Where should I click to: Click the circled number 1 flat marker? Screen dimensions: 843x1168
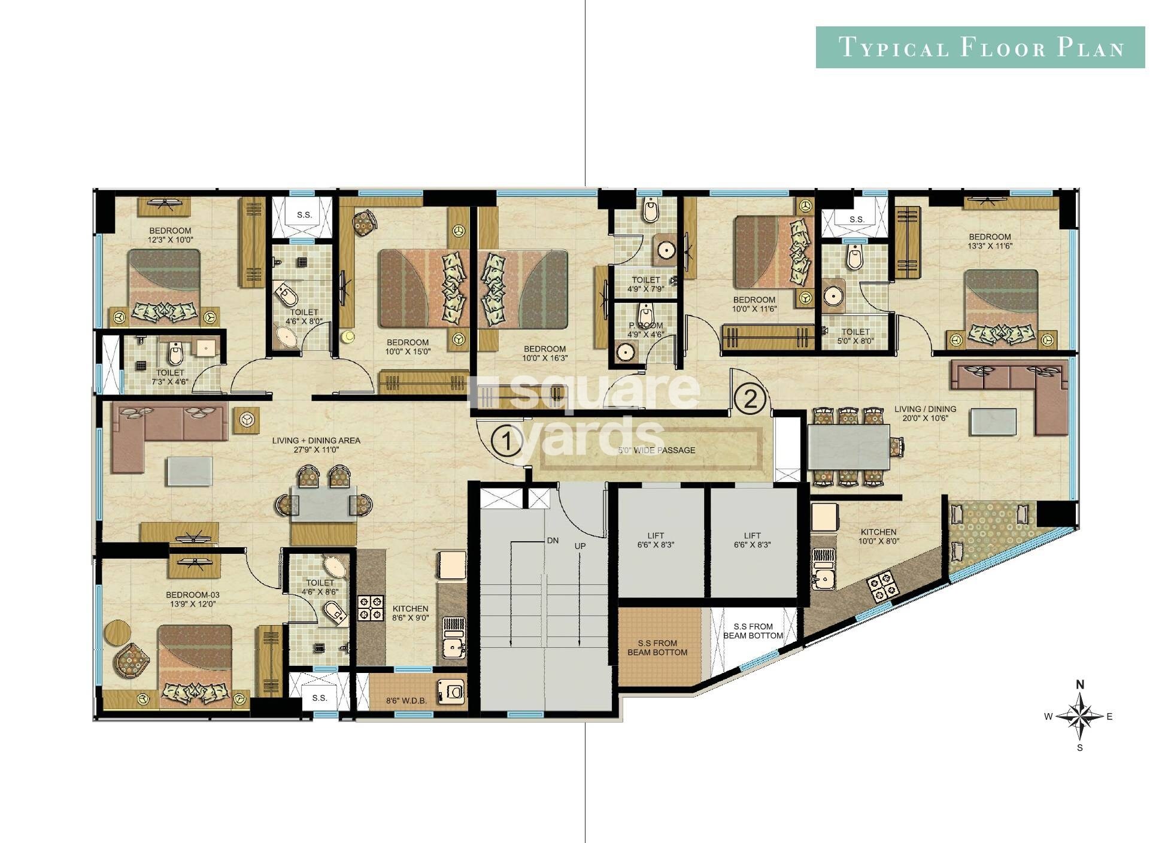[506, 442]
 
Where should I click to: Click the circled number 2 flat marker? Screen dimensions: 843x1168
[750, 399]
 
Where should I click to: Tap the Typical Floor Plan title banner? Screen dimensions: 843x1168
[980, 47]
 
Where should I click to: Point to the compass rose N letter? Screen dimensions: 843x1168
[1080, 684]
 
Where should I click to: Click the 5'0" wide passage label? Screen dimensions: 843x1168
[657, 450]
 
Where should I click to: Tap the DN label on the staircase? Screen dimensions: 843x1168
[553, 541]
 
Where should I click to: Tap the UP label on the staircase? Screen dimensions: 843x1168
[580, 546]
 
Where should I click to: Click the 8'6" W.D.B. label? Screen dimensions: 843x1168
[407, 699]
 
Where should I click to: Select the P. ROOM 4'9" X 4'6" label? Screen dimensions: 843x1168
[645, 330]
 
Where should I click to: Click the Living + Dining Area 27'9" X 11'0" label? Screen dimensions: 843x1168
[316, 445]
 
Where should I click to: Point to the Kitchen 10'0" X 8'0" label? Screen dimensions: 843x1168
[878, 536]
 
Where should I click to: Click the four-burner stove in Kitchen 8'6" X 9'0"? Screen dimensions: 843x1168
[371, 608]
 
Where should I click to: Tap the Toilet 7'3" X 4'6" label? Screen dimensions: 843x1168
[170, 377]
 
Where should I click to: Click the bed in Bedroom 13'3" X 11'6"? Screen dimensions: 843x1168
[1001, 308]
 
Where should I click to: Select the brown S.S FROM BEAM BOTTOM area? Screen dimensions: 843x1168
[658, 648]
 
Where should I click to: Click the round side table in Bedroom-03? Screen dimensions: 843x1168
[117, 632]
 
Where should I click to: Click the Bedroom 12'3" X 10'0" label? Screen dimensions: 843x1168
[171, 235]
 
